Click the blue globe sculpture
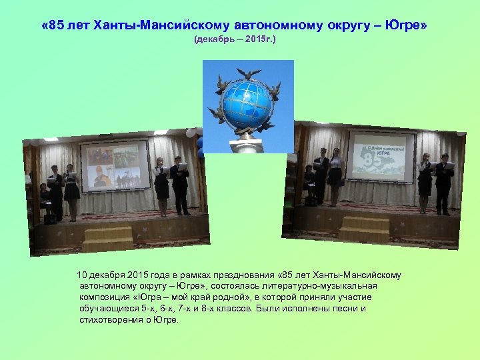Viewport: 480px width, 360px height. point(247,103)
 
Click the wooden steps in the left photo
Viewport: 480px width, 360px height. point(107,236)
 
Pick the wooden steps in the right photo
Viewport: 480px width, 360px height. point(363,229)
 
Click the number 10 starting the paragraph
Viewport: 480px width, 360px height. point(83,275)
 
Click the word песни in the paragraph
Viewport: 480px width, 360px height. point(345,309)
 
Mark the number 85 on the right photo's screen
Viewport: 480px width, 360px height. point(371,161)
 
